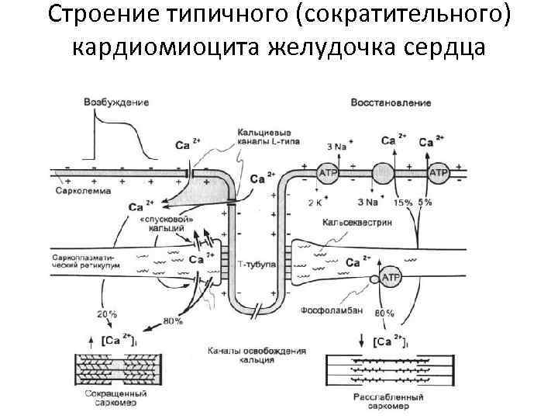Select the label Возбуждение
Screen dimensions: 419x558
pyautogui.click(x=117, y=102)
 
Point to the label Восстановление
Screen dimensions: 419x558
pyautogui.click(x=391, y=102)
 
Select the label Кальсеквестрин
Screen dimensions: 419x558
pyautogui.click(x=362, y=222)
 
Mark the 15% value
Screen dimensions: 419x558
pyautogui.click(x=403, y=203)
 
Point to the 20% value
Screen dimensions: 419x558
pyautogui.click(x=106, y=314)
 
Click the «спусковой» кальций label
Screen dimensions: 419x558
pyautogui.click(x=162, y=225)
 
